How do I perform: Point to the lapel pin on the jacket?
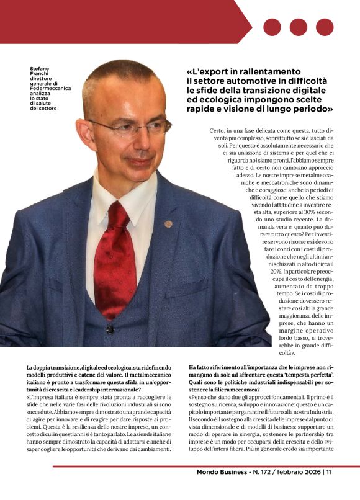click(168, 223)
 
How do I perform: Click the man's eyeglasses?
click(133, 128)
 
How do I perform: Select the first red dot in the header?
click(272, 27)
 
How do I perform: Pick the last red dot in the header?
click(325, 27)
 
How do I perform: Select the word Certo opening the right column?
click(220, 132)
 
